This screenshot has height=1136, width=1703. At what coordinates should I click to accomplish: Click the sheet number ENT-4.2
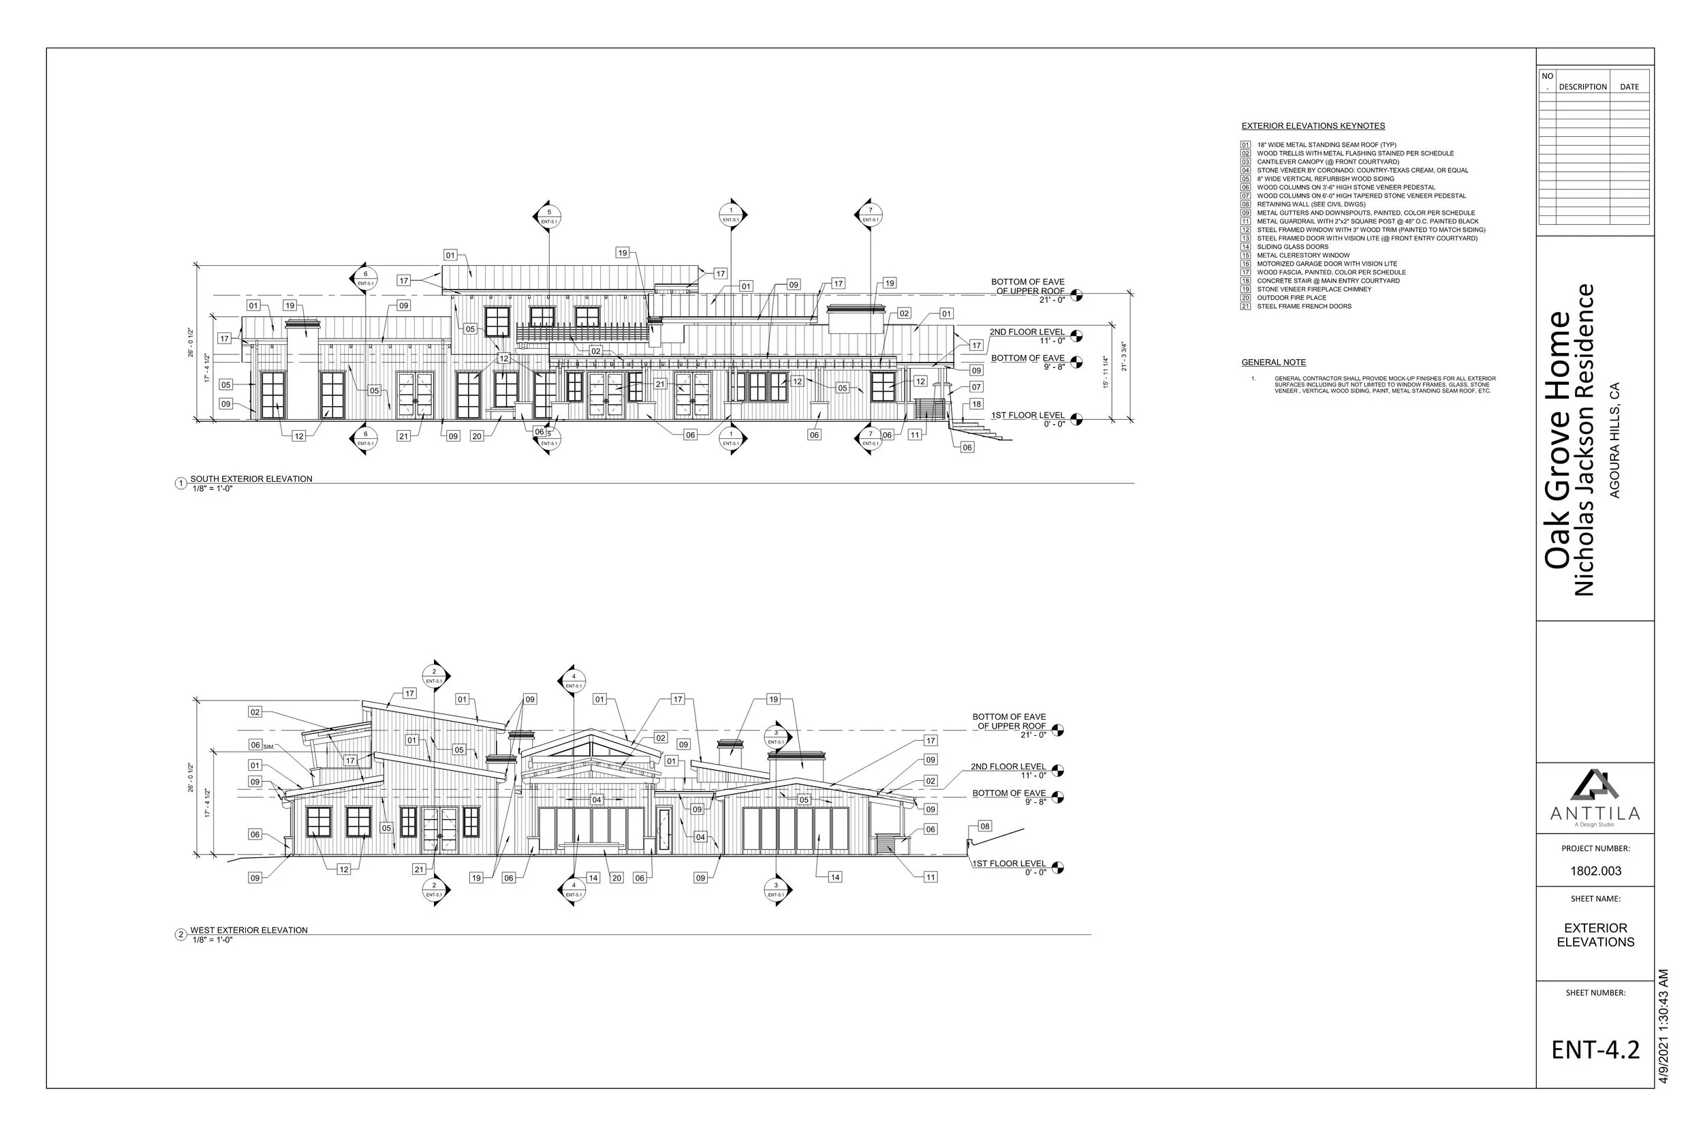point(1595,1049)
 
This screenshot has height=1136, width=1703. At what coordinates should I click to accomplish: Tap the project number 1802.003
point(1595,871)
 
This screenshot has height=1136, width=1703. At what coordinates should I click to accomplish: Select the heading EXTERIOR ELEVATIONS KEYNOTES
point(1313,126)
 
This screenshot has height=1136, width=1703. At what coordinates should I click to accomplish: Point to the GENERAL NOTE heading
point(1274,363)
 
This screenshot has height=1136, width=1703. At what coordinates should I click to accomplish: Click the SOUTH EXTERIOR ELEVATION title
point(251,479)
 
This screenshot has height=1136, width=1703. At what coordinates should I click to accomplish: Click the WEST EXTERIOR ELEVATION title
point(249,930)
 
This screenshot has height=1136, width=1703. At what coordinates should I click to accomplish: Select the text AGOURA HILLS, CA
point(1614,440)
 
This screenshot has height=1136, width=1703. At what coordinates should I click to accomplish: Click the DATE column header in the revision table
point(1629,87)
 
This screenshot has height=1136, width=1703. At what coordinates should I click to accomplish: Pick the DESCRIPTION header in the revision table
point(1583,87)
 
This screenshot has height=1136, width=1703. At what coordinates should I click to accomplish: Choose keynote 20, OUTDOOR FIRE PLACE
point(1291,298)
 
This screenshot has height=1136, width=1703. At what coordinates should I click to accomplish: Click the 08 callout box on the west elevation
point(985,826)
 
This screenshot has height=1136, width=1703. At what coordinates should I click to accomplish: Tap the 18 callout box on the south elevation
point(976,404)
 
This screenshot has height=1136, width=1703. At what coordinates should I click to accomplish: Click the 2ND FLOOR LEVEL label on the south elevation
point(1027,332)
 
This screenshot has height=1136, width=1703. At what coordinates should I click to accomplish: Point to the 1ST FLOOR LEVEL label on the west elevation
point(1009,863)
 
